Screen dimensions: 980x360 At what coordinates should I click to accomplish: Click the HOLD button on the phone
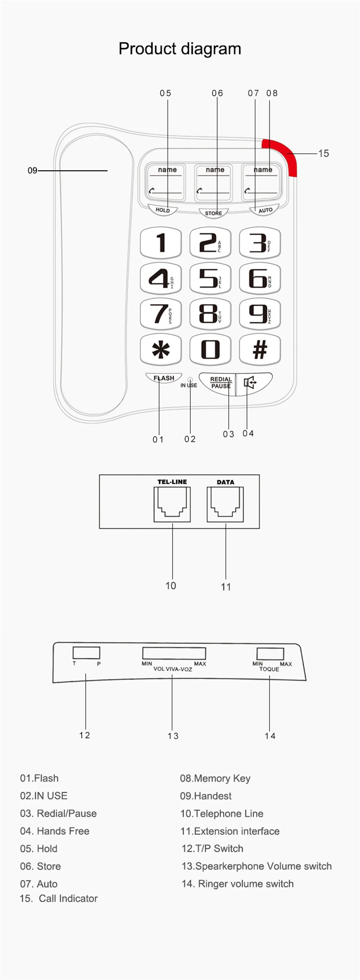pyautogui.click(x=162, y=210)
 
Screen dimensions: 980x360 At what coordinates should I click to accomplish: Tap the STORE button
pyautogui.click(x=213, y=213)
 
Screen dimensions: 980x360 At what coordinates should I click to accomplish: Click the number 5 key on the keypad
pyautogui.click(x=210, y=278)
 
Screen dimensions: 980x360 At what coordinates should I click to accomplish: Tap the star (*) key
pyautogui.click(x=161, y=349)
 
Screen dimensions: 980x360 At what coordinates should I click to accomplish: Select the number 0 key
pyautogui.click(x=210, y=349)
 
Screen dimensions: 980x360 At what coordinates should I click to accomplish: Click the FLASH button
pyautogui.click(x=164, y=378)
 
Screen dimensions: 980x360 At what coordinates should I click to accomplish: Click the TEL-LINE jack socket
pyautogui.click(x=172, y=504)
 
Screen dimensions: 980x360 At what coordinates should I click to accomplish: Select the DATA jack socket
pyautogui.click(x=225, y=504)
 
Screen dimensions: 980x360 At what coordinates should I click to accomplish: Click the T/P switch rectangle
pyautogui.click(x=86, y=653)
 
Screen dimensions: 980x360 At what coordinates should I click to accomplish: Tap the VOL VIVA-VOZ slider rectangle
pyautogui.click(x=174, y=653)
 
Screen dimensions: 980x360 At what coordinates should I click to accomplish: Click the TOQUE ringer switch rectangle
pyautogui.click(x=270, y=653)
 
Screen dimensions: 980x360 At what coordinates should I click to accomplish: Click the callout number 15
pyautogui.click(x=323, y=153)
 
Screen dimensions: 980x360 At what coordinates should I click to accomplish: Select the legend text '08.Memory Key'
pyautogui.click(x=215, y=778)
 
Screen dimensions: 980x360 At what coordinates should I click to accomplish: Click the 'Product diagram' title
pyautogui.click(x=180, y=49)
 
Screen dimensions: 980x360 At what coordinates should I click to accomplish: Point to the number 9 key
pyautogui.click(x=260, y=314)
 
